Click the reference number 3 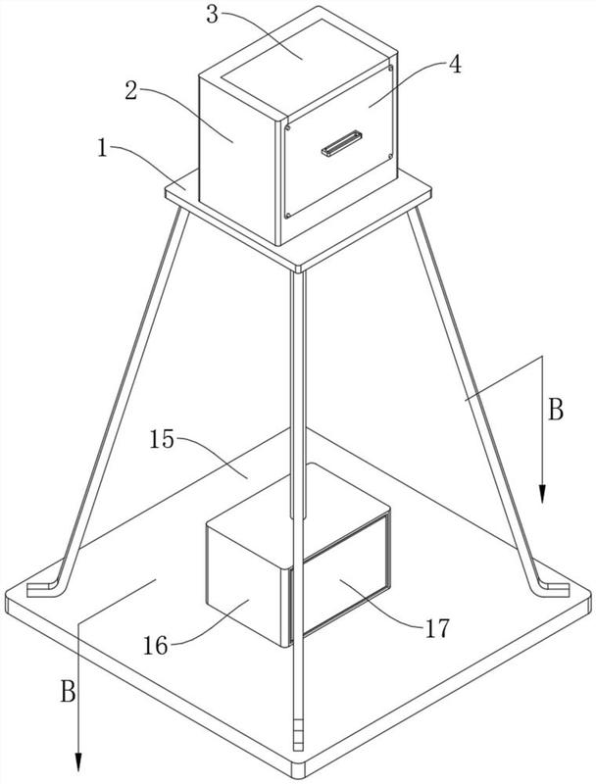[213, 15]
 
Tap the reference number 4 [455, 65]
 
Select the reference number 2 [131, 91]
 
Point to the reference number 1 [103, 149]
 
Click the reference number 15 [162, 440]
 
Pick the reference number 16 [156, 646]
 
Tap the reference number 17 [437, 628]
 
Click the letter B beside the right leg [556, 410]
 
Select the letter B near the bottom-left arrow [68, 692]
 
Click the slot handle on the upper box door [341, 143]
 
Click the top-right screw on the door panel [390, 68]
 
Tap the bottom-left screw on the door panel [288, 216]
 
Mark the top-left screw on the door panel [288, 128]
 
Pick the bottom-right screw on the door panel [390, 156]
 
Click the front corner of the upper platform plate [298, 270]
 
